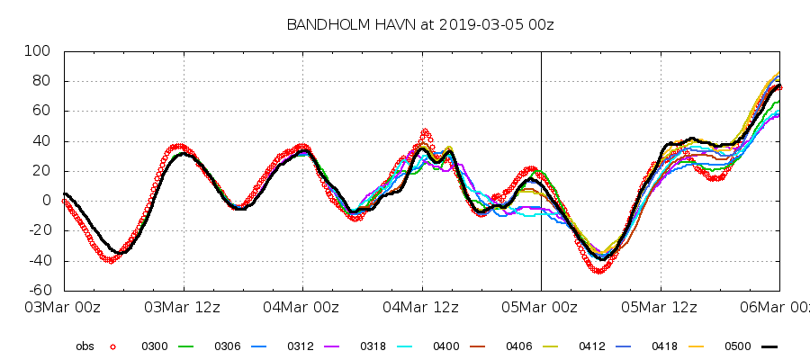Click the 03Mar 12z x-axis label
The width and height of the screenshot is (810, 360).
click(184, 308)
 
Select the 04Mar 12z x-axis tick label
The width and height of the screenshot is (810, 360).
click(422, 308)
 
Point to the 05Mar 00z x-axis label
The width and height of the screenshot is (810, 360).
click(541, 308)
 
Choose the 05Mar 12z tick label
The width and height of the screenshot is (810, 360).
click(660, 308)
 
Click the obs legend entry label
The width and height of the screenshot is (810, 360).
click(85, 346)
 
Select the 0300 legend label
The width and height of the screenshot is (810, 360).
click(154, 346)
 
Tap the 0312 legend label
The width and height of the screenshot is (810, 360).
click(300, 346)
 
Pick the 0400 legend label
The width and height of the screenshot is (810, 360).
click(445, 346)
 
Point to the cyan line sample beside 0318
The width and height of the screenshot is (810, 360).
click(403, 346)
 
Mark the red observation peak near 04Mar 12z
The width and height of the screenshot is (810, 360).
click(425, 131)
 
